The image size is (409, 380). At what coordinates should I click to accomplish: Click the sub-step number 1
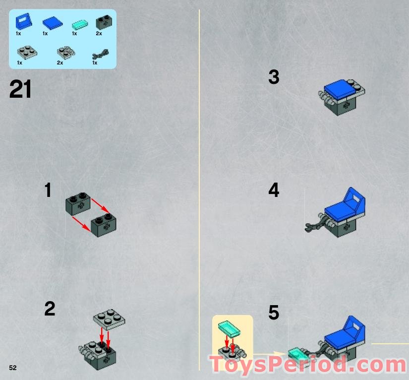pos(48,190)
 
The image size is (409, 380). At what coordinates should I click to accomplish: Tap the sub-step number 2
pos(50,309)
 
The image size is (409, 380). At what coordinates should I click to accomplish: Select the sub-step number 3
pos(274,77)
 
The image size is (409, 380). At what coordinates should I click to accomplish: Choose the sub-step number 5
pos(274,313)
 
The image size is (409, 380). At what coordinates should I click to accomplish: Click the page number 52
pos(12,368)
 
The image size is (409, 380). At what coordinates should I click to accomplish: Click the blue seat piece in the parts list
pos(23,22)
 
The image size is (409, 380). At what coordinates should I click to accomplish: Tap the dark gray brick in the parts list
pos(104,21)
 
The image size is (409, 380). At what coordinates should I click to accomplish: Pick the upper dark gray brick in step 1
pos(78,202)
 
